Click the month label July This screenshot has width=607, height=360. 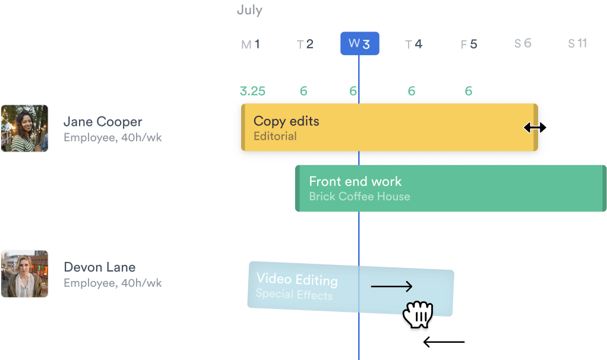[x=249, y=11]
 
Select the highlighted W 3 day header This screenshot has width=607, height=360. [x=359, y=43]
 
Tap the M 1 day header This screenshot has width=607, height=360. [x=250, y=44]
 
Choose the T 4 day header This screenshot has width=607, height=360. [x=413, y=44]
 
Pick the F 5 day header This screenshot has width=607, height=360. [x=469, y=44]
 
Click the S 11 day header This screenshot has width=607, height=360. [x=577, y=43]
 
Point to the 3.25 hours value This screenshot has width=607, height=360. [x=252, y=91]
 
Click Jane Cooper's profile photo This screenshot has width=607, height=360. [x=24, y=128]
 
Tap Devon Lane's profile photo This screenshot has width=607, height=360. [x=24, y=273]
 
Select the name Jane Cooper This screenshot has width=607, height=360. [x=103, y=122]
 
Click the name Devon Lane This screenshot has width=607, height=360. [x=100, y=267]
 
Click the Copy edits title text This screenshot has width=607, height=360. [x=286, y=121]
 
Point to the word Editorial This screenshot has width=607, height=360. [x=275, y=137]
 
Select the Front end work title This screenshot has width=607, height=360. [x=355, y=182]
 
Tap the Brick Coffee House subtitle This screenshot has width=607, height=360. [x=359, y=197]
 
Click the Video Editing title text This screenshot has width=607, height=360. [x=297, y=280]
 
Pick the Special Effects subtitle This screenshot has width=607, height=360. [x=294, y=294]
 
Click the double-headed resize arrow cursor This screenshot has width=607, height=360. [x=535, y=128]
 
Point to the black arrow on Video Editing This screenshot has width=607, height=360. [x=391, y=288]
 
